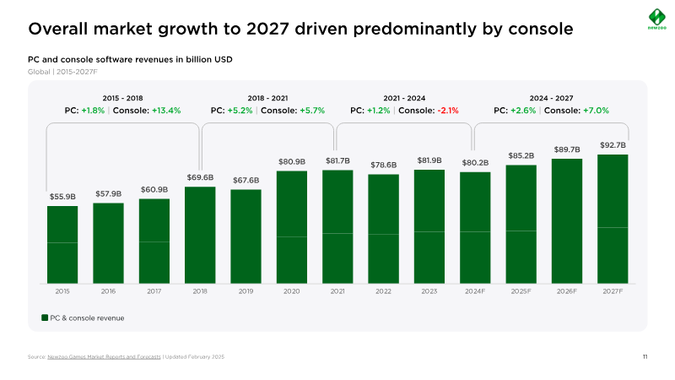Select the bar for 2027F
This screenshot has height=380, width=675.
pyautogui.click(x=613, y=219)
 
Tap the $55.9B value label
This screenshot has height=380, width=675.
pyautogui.click(x=62, y=197)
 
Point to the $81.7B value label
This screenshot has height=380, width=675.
pyautogui.click(x=337, y=160)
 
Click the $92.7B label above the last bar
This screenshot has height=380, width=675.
pyautogui.click(x=613, y=145)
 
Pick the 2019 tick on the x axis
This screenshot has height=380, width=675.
pyautogui.click(x=246, y=290)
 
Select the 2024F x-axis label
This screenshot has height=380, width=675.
pyautogui.click(x=475, y=290)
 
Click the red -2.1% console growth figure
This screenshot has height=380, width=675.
pyautogui.click(x=448, y=111)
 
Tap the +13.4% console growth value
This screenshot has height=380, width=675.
pyautogui.click(x=166, y=111)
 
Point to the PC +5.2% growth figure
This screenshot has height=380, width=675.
pyautogui.click(x=240, y=111)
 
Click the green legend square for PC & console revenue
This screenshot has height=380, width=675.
pyautogui.click(x=45, y=318)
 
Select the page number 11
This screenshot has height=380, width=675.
pyautogui.click(x=645, y=358)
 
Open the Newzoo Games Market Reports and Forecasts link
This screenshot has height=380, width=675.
pyautogui.click(x=104, y=358)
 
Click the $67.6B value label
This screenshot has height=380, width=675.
pyautogui.click(x=246, y=180)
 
